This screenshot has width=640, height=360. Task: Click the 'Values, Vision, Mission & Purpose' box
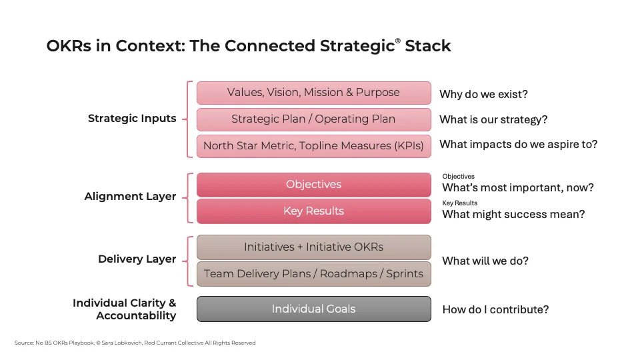313,93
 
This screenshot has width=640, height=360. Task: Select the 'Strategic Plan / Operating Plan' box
313,119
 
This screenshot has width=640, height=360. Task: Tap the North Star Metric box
313,145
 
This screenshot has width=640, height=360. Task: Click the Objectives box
313,185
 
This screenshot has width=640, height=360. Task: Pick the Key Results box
313,211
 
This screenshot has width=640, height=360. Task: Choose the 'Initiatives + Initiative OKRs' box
313,247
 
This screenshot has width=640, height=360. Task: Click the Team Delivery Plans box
313,273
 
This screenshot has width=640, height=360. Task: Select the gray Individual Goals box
313,309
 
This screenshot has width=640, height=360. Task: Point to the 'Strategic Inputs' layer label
132,119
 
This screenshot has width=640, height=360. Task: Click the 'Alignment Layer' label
130,197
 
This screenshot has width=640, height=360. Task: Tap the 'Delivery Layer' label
137,259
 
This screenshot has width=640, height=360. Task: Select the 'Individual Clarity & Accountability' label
125,309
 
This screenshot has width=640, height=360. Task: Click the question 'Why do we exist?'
483,94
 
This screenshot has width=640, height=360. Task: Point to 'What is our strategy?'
493,120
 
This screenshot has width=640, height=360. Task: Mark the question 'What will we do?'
485,261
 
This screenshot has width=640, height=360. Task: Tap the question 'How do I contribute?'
495,309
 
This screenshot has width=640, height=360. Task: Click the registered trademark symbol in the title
398,41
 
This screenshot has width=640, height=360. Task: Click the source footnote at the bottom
135,343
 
